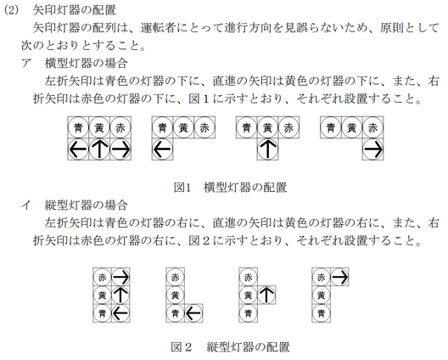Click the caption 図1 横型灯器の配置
point(230,188)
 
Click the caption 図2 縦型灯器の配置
point(230,347)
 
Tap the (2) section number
point(11,10)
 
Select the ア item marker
point(26,63)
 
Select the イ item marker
point(26,205)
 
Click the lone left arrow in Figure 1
point(162,149)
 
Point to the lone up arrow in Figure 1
point(268,149)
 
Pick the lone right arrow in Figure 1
point(372,149)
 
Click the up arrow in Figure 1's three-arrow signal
point(99,149)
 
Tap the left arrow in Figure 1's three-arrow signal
point(78,149)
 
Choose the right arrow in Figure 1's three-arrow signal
point(120,149)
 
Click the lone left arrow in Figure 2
point(193,313)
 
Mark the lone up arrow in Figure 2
point(266,295)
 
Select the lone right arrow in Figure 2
point(339,277)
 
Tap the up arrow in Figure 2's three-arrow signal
point(120,295)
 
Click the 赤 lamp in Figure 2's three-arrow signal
point(103,277)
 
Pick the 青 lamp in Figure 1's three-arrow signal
point(78,127)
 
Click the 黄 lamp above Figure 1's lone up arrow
point(268,127)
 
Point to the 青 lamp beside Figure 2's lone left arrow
point(175,313)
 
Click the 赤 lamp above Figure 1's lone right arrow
point(372,127)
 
